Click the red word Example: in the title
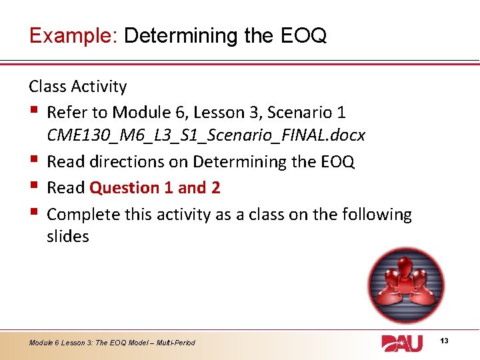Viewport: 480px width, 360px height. click(x=73, y=35)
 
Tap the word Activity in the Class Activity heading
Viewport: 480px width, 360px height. click(x=99, y=87)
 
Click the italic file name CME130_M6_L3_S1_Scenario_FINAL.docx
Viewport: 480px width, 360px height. click(x=206, y=135)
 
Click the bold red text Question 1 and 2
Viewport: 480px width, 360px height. click(x=155, y=188)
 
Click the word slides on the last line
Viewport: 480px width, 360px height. click(x=68, y=237)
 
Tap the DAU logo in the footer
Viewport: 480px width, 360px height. click(x=402, y=343)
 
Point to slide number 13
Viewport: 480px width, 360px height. click(x=445, y=341)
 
